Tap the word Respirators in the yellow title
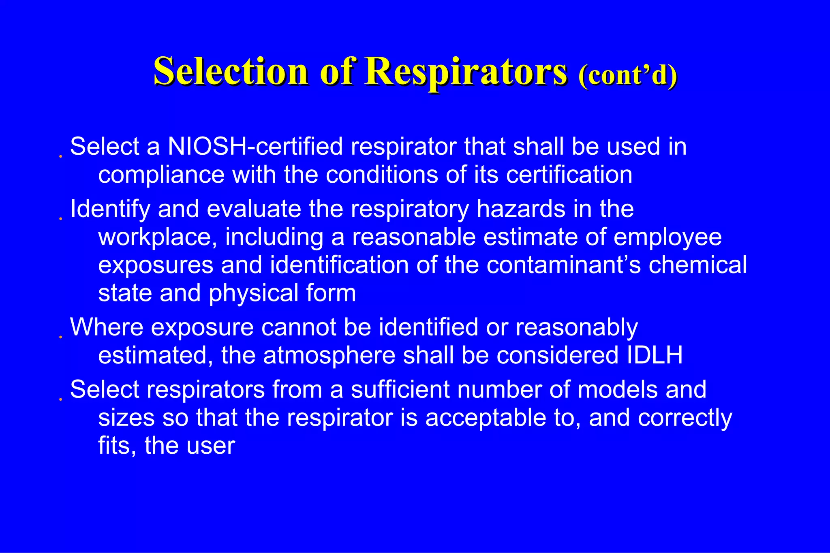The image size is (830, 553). pos(466,72)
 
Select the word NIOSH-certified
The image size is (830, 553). pos(255,146)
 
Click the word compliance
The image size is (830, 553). pos(161,175)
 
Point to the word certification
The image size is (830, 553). pos(569,175)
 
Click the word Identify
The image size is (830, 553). pos(110,209)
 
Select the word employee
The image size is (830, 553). pos(667,237)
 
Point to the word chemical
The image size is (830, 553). pos(697,265)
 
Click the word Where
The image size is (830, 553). pos(107,327)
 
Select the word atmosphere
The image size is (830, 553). pos(329,355)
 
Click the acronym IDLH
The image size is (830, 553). pos(655,355)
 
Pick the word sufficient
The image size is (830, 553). pos(400,389)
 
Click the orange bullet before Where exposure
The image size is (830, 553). pos(60,337)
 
